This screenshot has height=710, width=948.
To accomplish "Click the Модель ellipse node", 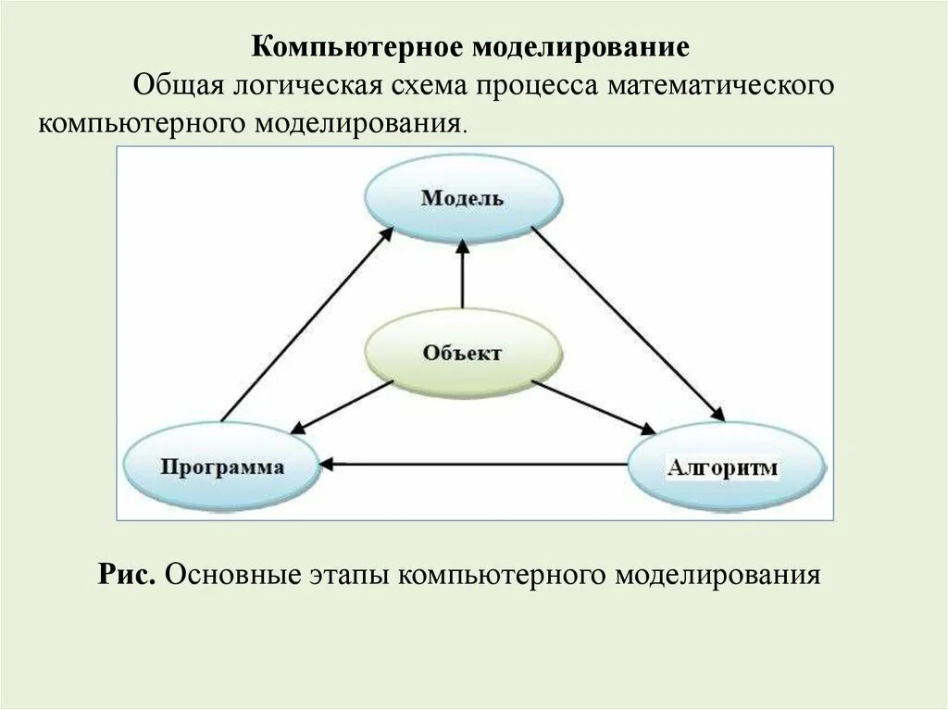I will (x=462, y=198).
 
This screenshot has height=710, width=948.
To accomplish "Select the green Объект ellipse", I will (x=463, y=353).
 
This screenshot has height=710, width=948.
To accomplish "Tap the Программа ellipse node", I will (x=221, y=466).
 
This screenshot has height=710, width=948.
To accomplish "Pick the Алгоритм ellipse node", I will (x=724, y=467).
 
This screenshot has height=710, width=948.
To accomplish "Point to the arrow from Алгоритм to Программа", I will (x=473, y=463).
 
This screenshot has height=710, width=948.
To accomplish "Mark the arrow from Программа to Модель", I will (x=305, y=325).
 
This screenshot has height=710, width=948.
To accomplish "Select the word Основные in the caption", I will (x=229, y=574).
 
